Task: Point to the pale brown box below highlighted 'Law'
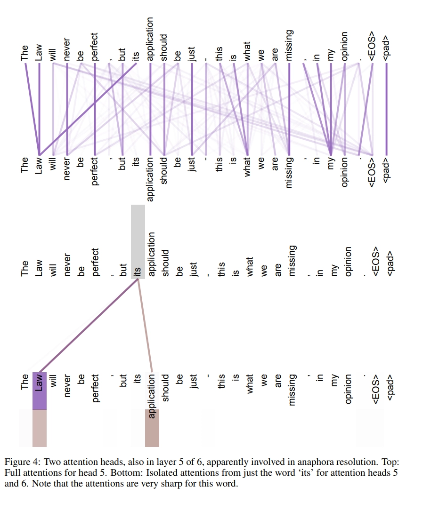[x=40, y=428]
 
